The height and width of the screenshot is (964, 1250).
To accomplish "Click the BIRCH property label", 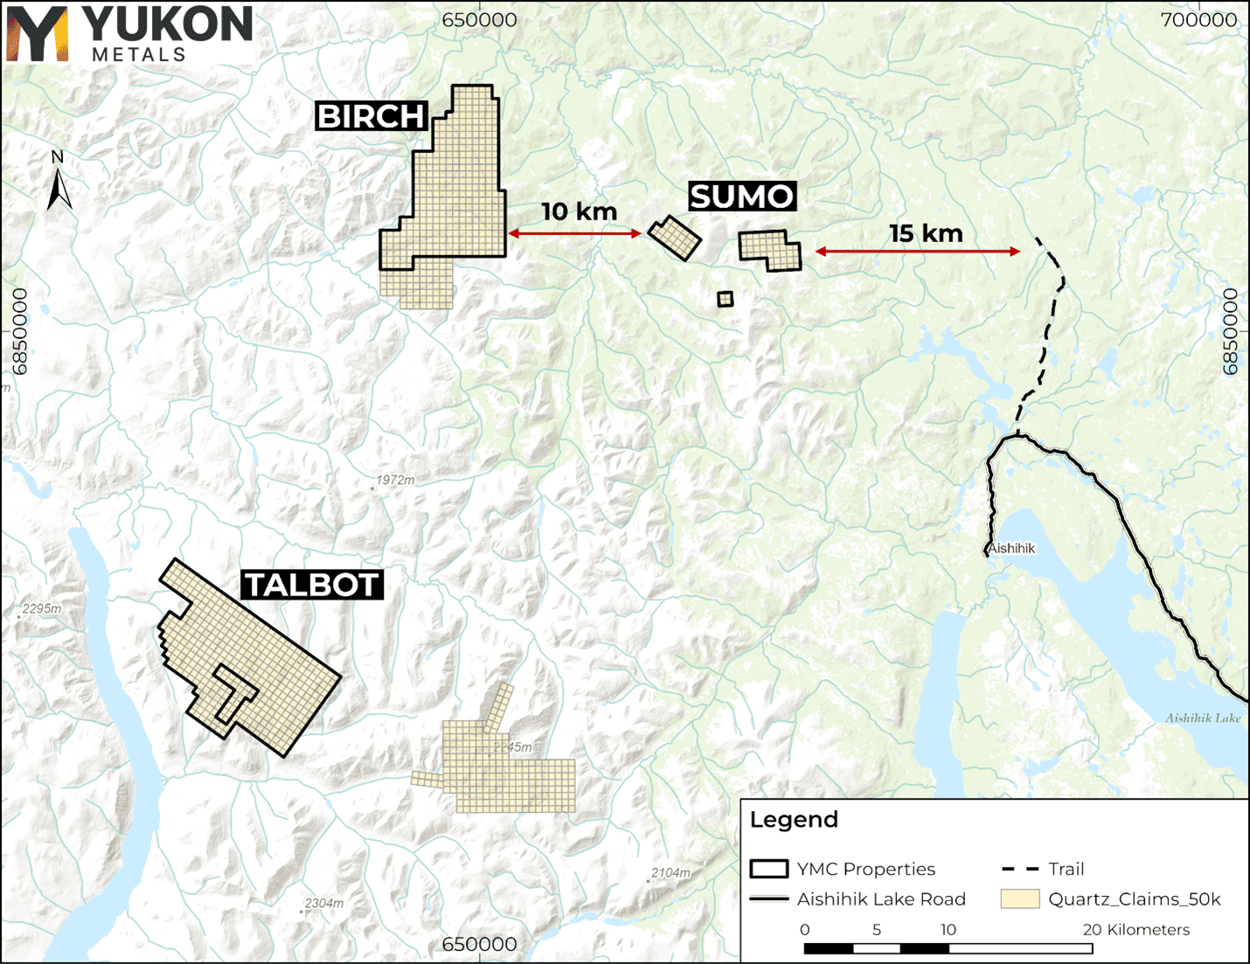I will click(x=371, y=116).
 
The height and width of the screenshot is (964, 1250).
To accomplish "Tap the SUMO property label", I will click(x=741, y=197).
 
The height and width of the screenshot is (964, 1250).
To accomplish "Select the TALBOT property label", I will click(x=312, y=585).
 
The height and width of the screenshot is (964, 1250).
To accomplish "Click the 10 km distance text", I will click(x=579, y=212).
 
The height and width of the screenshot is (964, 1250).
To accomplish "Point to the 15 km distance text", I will click(x=926, y=233).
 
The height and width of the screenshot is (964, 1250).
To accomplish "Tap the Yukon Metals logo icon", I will click(x=37, y=33).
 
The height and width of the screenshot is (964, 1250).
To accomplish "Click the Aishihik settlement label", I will click(x=1012, y=548).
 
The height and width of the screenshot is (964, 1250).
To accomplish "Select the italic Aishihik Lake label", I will click(x=1202, y=718).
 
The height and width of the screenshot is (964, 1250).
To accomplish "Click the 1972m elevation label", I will click(x=395, y=480).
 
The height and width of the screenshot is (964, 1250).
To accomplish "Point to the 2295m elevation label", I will click(x=42, y=608).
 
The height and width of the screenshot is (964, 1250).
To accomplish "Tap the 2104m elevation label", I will click(x=670, y=872).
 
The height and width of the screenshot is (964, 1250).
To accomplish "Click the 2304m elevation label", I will click(x=323, y=903).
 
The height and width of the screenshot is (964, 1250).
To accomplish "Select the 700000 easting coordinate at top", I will click(x=1198, y=20).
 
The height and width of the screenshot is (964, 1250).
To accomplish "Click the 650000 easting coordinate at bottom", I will click(x=479, y=944).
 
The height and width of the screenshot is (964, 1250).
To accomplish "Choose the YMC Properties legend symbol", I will click(x=768, y=869).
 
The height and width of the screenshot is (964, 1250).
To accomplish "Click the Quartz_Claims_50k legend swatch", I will click(x=1019, y=898).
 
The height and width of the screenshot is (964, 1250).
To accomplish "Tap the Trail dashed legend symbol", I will click(x=1019, y=869).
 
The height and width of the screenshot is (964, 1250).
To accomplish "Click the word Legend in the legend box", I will click(x=794, y=820).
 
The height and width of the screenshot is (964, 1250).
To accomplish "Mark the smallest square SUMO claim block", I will click(x=725, y=299).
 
